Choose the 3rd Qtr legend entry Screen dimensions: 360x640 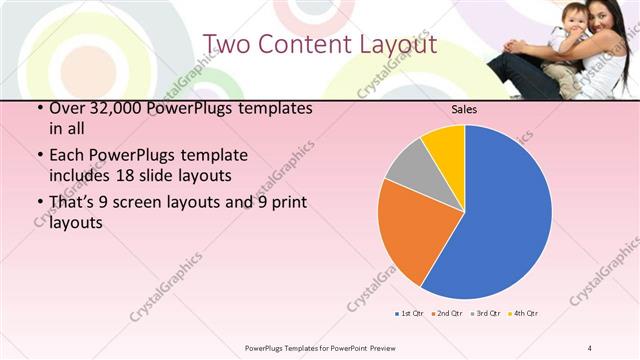click(x=484, y=313)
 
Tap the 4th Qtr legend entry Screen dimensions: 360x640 click(x=523, y=313)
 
